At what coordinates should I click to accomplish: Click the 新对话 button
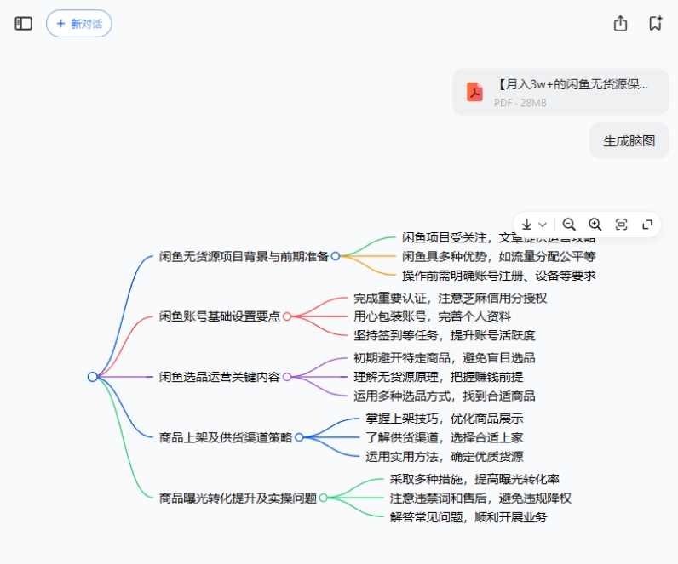pos(78,24)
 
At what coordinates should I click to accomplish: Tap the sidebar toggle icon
pos(24,24)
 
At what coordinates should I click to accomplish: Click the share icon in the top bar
pos(620,24)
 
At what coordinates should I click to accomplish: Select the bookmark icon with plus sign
pos(655,24)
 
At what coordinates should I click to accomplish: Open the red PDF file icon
pos(474,92)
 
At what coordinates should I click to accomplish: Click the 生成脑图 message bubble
pos(629,141)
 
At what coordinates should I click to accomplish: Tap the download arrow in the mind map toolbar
pos(526,225)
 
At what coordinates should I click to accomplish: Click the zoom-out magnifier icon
pos(569,225)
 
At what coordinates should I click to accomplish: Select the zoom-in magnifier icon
pos(595,225)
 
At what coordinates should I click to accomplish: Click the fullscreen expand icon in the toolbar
pos(647,225)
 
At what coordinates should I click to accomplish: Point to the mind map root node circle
pos(93,377)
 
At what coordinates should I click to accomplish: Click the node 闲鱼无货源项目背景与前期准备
pos(244,256)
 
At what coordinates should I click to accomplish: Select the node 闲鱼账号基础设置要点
pos(219,316)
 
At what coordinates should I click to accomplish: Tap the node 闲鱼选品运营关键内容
pos(219,377)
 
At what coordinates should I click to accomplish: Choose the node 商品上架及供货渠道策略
pos(226,437)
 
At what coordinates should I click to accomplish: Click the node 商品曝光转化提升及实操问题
pos(238,498)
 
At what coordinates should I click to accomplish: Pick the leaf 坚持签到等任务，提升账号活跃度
pos(444,336)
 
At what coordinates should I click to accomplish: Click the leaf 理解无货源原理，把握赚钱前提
pos(438,377)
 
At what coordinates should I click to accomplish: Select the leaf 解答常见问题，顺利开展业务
pos(468,517)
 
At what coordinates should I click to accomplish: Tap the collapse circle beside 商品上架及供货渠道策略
pos(299,437)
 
